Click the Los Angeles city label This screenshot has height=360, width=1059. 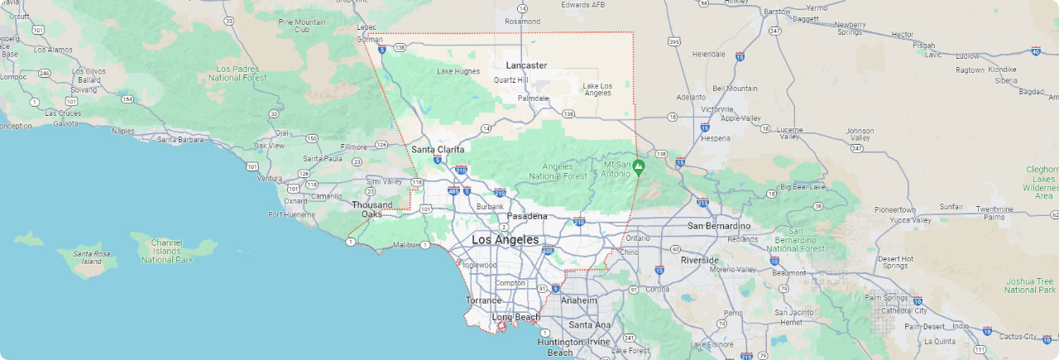505,239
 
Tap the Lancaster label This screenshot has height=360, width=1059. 526,65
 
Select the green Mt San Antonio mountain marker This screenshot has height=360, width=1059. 639,166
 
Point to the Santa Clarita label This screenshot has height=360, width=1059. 438,149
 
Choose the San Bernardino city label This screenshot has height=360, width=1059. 719,226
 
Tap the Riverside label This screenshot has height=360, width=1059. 699,260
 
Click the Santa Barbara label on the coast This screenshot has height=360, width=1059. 180,139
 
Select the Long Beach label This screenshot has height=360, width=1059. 515,317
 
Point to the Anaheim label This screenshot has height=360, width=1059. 579,300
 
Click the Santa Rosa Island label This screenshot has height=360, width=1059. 91,257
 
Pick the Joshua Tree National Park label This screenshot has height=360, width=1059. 1030,286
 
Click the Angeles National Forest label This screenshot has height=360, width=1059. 557,171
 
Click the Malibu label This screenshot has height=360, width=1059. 405,245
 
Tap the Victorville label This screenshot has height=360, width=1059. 716,109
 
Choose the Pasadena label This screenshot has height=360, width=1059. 527,216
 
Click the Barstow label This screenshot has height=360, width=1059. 777,12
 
